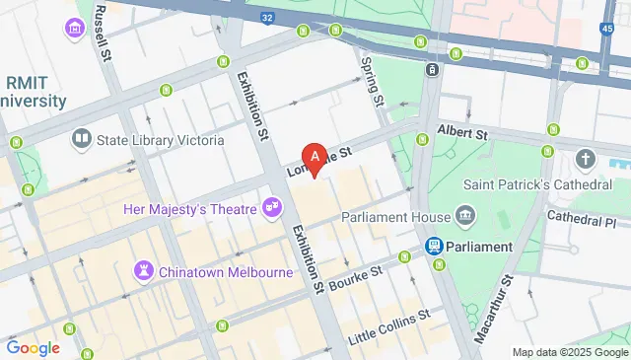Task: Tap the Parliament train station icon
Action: coord(433,246)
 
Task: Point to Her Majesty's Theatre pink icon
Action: coord(270,208)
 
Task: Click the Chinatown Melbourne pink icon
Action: coord(145,269)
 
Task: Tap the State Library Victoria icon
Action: coord(81,140)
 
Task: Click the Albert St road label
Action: coord(462,132)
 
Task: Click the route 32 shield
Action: coord(268,17)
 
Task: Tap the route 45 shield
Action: coord(605,29)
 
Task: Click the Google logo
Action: coord(33,347)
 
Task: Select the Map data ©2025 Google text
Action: coord(570,352)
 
